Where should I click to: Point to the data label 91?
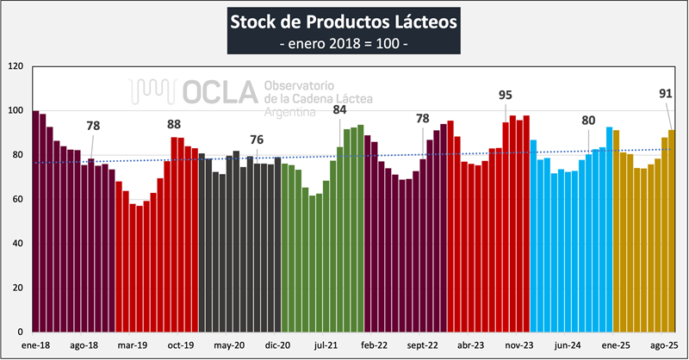(667, 95)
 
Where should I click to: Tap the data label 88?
(174, 124)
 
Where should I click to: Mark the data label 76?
(257, 140)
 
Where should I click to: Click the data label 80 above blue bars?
(589, 121)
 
